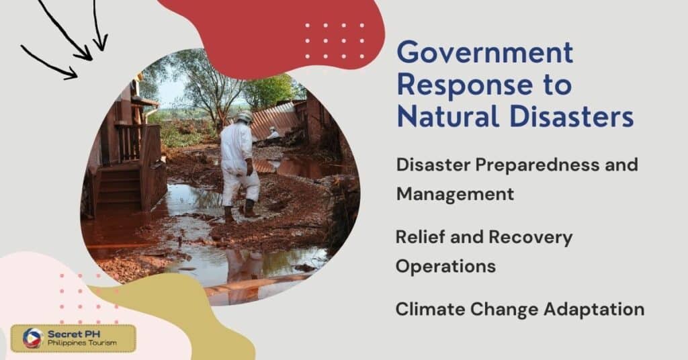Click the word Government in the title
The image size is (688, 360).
[x=484, y=52]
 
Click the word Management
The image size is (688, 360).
[x=455, y=193]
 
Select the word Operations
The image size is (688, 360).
[x=445, y=266]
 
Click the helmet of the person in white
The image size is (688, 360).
[x=245, y=117]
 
